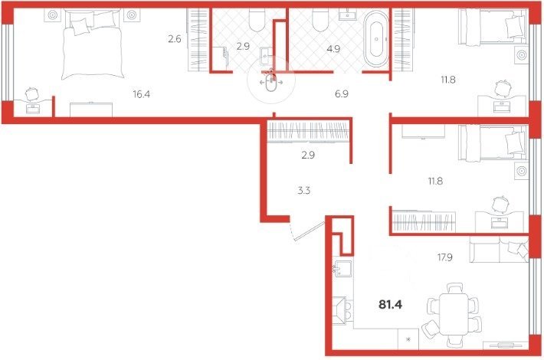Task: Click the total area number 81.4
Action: [390, 305]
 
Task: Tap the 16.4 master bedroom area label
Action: [142, 94]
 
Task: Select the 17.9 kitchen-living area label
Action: [444, 257]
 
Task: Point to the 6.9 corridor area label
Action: [342, 94]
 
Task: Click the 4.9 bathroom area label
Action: [333, 49]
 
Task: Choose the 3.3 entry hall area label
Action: [304, 191]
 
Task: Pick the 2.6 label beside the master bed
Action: [175, 39]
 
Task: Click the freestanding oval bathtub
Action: [376, 39]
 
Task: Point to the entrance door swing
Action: [308, 230]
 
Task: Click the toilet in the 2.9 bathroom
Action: [257, 19]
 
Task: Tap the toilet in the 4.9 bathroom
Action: [320, 19]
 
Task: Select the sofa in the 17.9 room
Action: [499, 250]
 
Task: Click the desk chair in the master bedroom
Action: [32, 93]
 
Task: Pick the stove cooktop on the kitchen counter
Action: [342, 310]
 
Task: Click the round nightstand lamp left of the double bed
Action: [52, 15]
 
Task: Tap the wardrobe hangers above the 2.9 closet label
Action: [309, 131]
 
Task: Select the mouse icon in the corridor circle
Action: [271, 82]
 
